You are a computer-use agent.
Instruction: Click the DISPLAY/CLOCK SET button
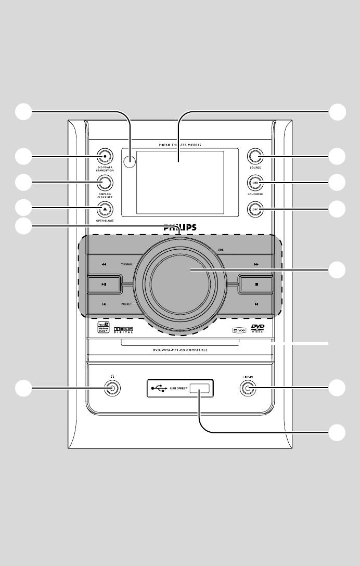[105, 182]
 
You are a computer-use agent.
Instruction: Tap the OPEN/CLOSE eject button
[105, 209]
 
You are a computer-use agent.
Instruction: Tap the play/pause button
[104, 284]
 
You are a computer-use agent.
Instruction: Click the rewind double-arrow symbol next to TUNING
[104, 264]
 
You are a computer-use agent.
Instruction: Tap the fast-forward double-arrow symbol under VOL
[256, 264]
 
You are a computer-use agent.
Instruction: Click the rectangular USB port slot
[200, 388]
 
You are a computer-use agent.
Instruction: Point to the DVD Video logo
[258, 328]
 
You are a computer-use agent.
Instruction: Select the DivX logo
[238, 329]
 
